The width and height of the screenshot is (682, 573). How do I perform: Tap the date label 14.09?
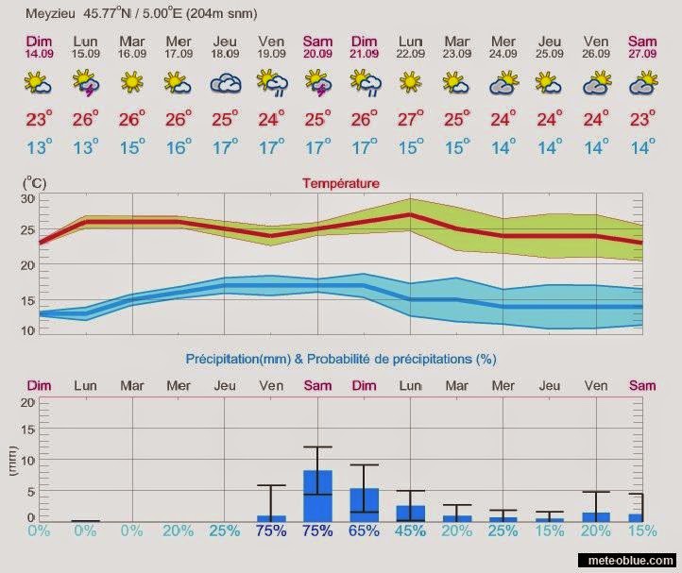coord(40,54)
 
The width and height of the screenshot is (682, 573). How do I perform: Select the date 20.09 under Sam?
coord(317,54)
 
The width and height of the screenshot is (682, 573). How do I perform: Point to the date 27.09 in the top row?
coord(642,54)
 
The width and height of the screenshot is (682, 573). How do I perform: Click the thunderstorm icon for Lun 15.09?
coord(86,86)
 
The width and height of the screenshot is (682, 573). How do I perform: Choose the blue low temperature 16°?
coord(179,147)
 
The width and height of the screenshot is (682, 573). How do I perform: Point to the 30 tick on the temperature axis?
coord(28,199)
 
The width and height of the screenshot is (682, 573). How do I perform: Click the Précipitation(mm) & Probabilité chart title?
coord(340,359)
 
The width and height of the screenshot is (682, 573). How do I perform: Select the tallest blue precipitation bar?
coord(317,496)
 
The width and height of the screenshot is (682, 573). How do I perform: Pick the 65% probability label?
coord(364,531)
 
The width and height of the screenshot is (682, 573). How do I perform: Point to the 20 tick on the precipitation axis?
coord(28,402)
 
